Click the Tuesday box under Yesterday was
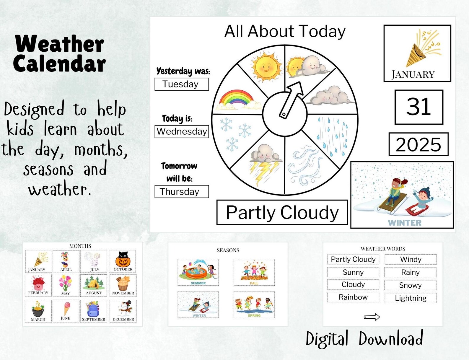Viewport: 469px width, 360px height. pos(182,84)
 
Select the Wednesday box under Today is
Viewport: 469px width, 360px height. pos(182,131)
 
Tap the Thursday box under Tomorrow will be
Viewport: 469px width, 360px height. pos(182,192)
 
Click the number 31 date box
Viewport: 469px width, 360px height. pos(419,107)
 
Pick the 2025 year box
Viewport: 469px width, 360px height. pos(418,144)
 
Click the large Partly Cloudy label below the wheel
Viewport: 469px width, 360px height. pos(282,213)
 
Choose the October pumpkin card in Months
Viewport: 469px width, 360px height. pos(123,261)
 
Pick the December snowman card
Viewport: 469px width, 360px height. pos(123,311)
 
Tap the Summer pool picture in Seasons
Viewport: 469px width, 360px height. pos(198,272)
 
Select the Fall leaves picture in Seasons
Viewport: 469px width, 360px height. pos(254,272)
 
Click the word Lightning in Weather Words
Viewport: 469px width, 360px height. pos(411,298)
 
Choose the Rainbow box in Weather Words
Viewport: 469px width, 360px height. pos(353,297)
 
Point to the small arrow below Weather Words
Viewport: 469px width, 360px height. pos(372,317)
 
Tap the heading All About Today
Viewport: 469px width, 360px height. pos(285,32)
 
